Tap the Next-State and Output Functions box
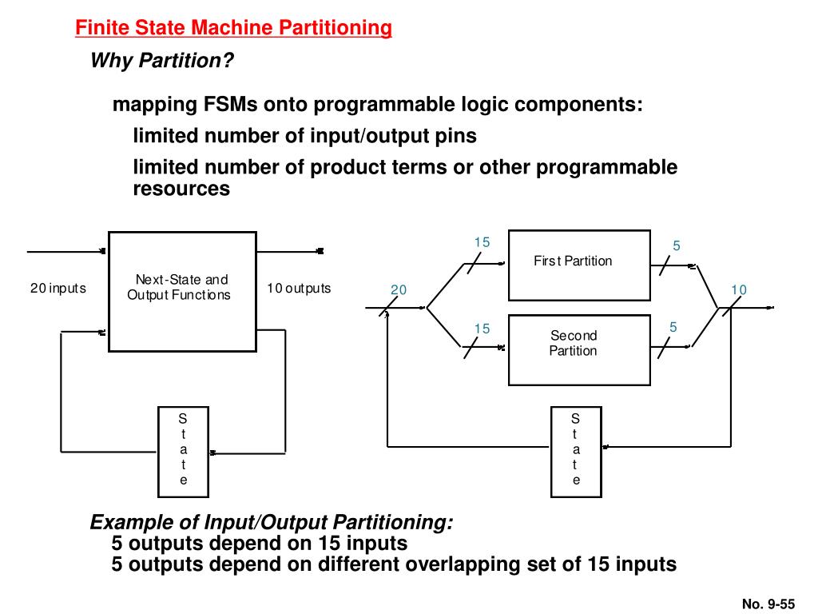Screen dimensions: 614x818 [x=182, y=291]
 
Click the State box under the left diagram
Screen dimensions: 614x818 [x=182, y=450]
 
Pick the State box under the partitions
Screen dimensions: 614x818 [x=576, y=450]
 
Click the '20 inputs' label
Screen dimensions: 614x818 [x=58, y=288]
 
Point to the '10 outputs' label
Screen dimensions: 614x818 [x=298, y=288]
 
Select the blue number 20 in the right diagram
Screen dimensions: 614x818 [x=399, y=289]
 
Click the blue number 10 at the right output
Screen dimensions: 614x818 [x=738, y=289]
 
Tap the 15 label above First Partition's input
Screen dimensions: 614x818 [x=482, y=243]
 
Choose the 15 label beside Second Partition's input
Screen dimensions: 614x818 [x=482, y=329]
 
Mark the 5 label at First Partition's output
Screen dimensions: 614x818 [x=677, y=246]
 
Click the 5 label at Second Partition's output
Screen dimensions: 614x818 [x=673, y=327]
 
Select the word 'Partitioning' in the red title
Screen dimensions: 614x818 [x=335, y=29]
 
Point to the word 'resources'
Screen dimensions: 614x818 [x=181, y=189]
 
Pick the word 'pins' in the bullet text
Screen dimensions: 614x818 [x=457, y=136]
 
